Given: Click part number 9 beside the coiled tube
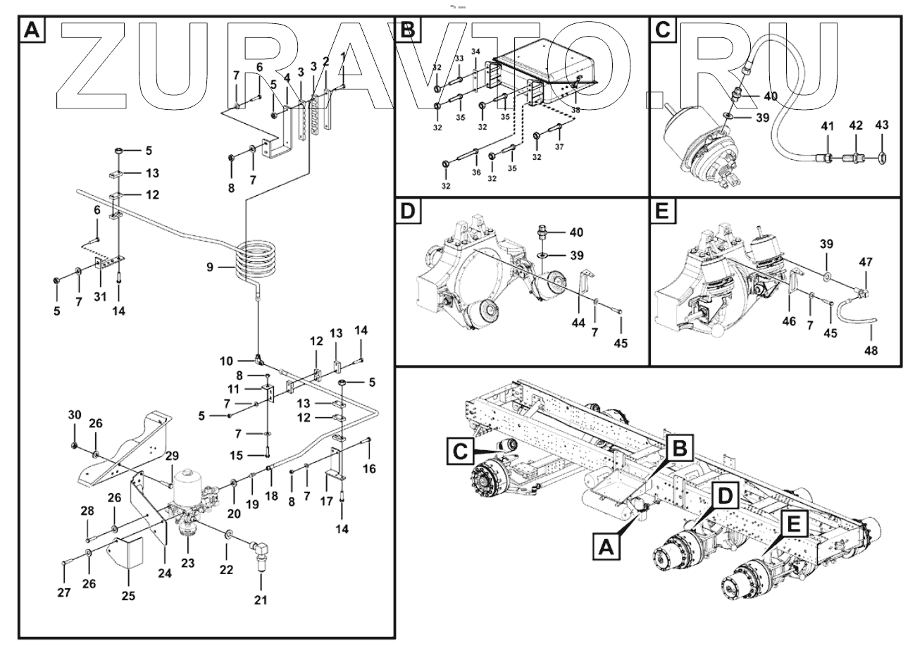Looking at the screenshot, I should pyautogui.click(x=208, y=267).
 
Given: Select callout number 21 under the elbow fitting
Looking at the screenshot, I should pyautogui.click(x=261, y=600).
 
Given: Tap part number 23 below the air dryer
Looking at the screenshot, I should pyautogui.click(x=187, y=563).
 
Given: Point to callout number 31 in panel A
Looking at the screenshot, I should pyautogui.click(x=99, y=297).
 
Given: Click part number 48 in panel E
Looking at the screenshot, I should pyautogui.click(x=871, y=350).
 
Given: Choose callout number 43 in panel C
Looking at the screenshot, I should pyautogui.click(x=882, y=125).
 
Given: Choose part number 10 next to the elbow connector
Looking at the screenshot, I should pyautogui.click(x=225, y=361).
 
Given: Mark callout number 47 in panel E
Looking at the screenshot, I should pyautogui.click(x=865, y=262).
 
